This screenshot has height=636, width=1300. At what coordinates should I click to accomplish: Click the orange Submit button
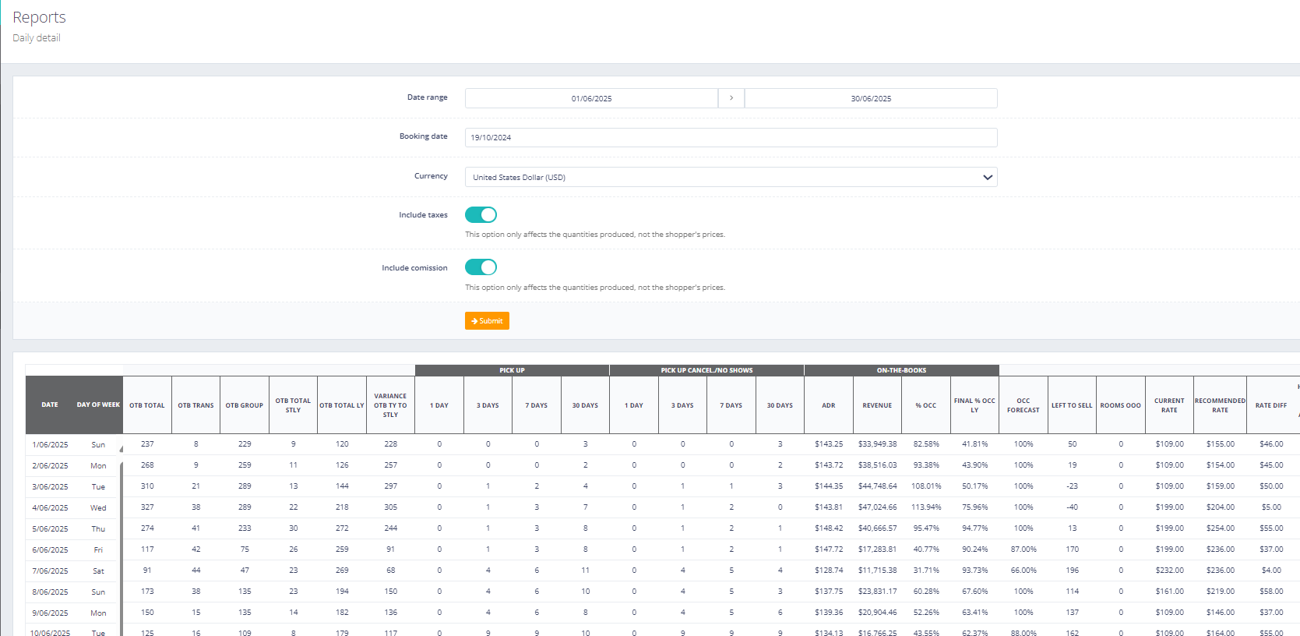pos(487,321)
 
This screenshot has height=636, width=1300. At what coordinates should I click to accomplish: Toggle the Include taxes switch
pos(481,214)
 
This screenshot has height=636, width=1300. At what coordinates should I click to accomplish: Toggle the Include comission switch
pos(481,267)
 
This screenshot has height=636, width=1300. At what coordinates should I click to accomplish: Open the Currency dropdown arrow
pos(987,178)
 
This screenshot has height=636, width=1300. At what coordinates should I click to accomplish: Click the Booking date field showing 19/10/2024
pos(731,138)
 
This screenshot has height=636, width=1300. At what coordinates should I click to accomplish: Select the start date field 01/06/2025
pos(591,99)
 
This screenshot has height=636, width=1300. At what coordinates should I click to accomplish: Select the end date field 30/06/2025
pos(871,99)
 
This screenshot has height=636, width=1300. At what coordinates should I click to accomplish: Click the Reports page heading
pos(39,17)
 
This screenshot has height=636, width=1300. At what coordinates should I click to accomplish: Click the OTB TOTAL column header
pos(147,405)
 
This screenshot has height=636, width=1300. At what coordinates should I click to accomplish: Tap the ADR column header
pos(828,405)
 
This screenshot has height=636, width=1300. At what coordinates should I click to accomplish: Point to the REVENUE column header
pos(877,405)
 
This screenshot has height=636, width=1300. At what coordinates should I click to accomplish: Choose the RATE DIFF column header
pos(1270,405)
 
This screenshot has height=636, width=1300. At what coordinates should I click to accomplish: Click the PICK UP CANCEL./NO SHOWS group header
pos(706,370)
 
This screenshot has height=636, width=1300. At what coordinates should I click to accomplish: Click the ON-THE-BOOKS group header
pos(901,370)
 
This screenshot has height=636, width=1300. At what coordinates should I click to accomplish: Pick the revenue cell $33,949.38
pos(877,444)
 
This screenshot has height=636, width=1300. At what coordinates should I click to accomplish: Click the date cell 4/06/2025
pos(50,507)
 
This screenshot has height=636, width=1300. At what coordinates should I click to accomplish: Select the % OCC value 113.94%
pos(926,507)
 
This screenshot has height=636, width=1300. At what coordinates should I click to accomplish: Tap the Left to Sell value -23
pos(1072,486)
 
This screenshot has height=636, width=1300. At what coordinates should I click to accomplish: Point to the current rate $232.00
pos(1169,571)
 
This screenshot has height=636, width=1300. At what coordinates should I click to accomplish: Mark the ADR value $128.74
pos(829,571)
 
